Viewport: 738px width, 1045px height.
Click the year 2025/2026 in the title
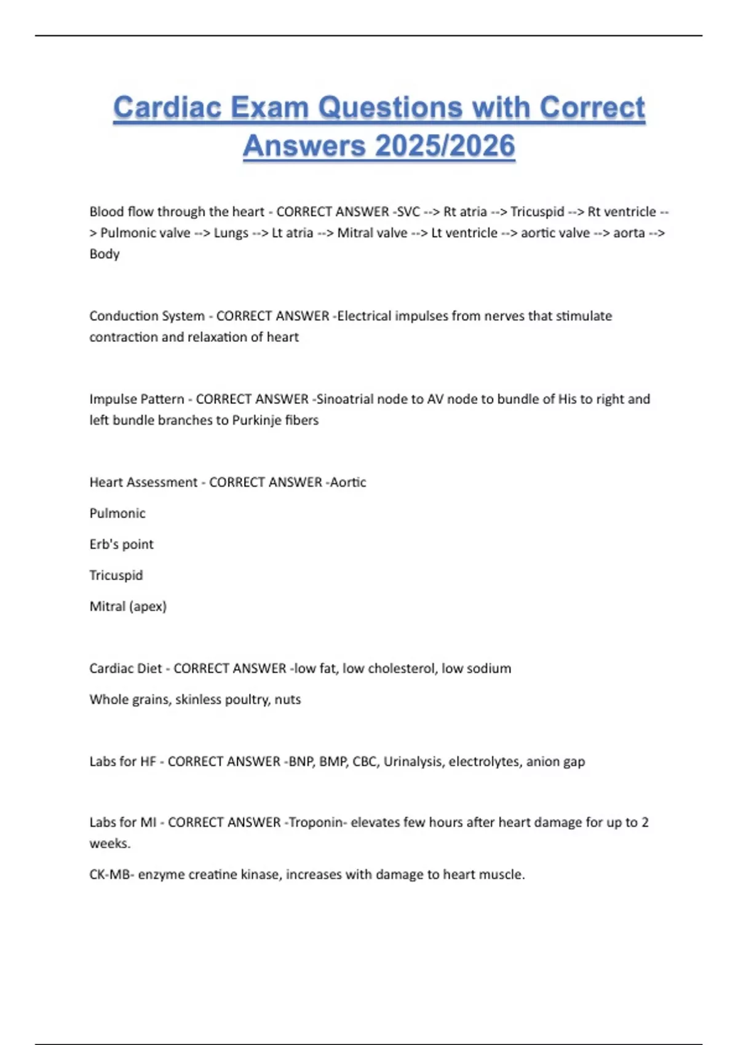coord(445,146)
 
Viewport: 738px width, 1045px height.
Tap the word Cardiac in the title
coord(167,108)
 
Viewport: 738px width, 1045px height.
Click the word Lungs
coord(231,233)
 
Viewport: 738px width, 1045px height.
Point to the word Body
coord(105,254)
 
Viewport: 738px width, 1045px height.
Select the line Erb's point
coord(122,545)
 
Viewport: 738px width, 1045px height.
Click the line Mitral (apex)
coord(128,607)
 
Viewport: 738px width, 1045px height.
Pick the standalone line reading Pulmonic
coord(117,513)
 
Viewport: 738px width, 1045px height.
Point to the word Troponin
coord(316,822)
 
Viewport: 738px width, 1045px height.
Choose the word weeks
coord(109,844)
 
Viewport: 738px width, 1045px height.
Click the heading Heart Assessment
coord(143,483)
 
